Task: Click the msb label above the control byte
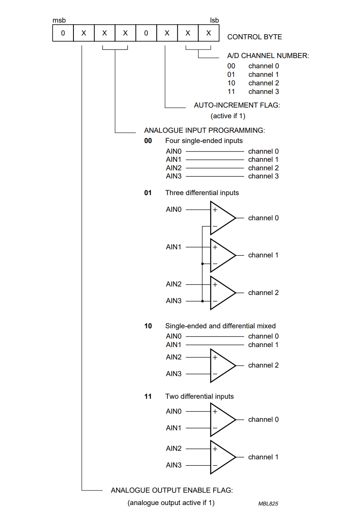point(59,20)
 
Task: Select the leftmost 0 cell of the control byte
point(63,33)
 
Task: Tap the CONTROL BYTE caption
point(255,37)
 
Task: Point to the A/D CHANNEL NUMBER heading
point(268,56)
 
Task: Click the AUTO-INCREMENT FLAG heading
point(237,105)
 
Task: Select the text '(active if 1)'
point(228,116)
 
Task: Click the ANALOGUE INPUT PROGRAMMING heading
point(204,130)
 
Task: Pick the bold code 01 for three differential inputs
point(148,193)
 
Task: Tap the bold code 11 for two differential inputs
point(148,397)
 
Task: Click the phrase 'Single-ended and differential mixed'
point(220,326)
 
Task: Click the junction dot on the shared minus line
point(202,264)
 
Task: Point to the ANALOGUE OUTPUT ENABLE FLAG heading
point(172,491)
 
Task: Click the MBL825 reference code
point(268,504)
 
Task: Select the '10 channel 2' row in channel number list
point(253,83)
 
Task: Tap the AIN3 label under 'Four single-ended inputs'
point(173,176)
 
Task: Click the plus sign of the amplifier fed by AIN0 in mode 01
point(215,210)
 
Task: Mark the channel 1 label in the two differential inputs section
point(263,457)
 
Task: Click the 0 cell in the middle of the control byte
point(146,33)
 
